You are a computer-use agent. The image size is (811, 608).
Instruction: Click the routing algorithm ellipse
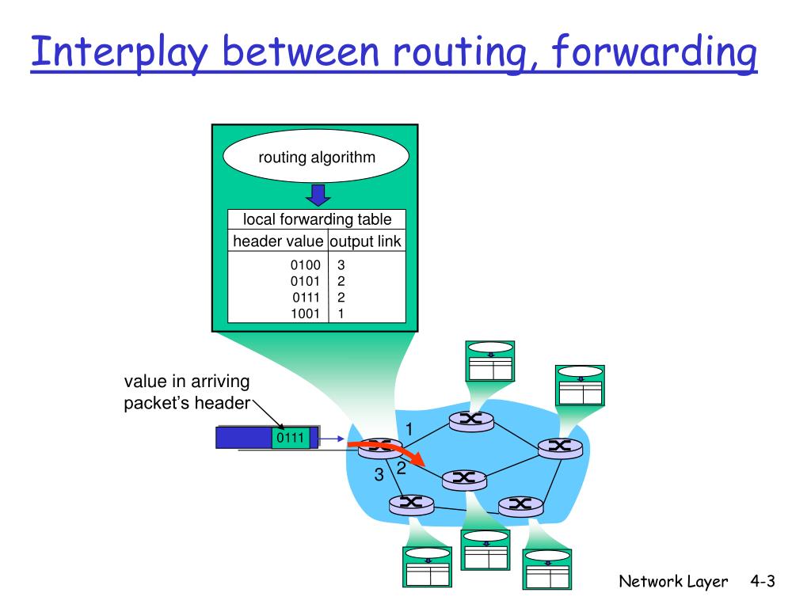(x=316, y=157)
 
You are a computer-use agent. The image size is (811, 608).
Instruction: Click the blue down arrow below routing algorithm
(x=318, y=194)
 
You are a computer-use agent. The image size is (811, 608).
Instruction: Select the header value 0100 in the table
(x=305, y=266)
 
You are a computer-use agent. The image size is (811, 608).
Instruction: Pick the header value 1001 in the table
(x=305, y=313)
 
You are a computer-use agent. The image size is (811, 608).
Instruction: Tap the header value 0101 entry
(x=305, y=282)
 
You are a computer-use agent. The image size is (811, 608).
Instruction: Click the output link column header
(x=365, y=241)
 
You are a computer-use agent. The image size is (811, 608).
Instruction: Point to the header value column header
(x=278, y=241)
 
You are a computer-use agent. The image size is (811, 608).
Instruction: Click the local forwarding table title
(x=317, y=220)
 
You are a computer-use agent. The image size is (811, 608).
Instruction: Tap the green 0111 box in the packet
(x=290, y=438)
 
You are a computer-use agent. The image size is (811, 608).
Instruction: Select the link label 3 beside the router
(x=379, y=475)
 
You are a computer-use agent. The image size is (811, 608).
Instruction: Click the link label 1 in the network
(x=409, y=428)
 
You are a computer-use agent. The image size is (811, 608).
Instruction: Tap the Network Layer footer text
(x=672, y=582)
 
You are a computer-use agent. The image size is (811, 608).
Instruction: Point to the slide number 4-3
(x=761, y=582)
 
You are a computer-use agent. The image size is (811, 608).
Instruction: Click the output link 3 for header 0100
(x=341, y=266)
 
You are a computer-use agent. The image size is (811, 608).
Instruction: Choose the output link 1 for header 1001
(x=341, y=313)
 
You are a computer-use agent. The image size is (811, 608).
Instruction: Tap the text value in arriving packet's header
(x=187, y=393)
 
